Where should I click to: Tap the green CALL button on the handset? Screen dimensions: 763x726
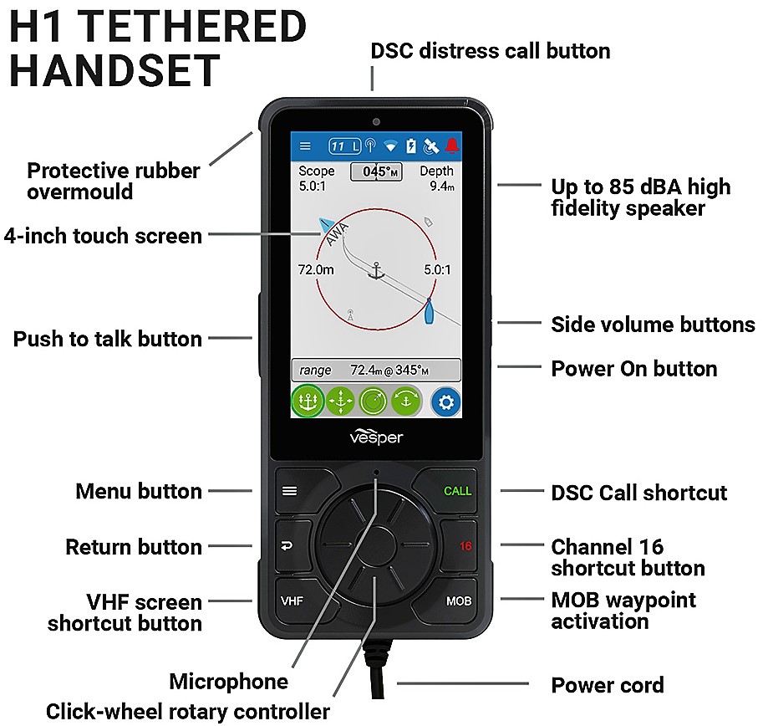pos(450,490)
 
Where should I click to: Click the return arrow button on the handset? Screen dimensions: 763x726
pos(290,546)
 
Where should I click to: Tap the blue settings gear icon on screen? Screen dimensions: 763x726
pos(445,402)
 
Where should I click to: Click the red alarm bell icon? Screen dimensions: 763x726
pos(452,146)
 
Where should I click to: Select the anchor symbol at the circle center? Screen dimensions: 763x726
pos(376,270)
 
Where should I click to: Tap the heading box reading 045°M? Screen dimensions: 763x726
pos(376,171)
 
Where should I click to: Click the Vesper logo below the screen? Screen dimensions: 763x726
pos(376,437)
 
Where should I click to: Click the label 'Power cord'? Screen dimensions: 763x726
pos(608,685)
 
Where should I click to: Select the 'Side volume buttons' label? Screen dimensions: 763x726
pos(653,325)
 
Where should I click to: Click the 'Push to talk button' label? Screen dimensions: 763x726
pos(108,339)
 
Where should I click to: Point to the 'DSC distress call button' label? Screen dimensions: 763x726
pos(491,51)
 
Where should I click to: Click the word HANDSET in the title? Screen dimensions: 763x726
pos(114,70)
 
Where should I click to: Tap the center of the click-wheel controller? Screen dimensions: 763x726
pos(376,544)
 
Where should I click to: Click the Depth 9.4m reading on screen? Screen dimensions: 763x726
pos(437,178)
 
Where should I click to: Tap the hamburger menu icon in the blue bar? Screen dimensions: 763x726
pos(305,146)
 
